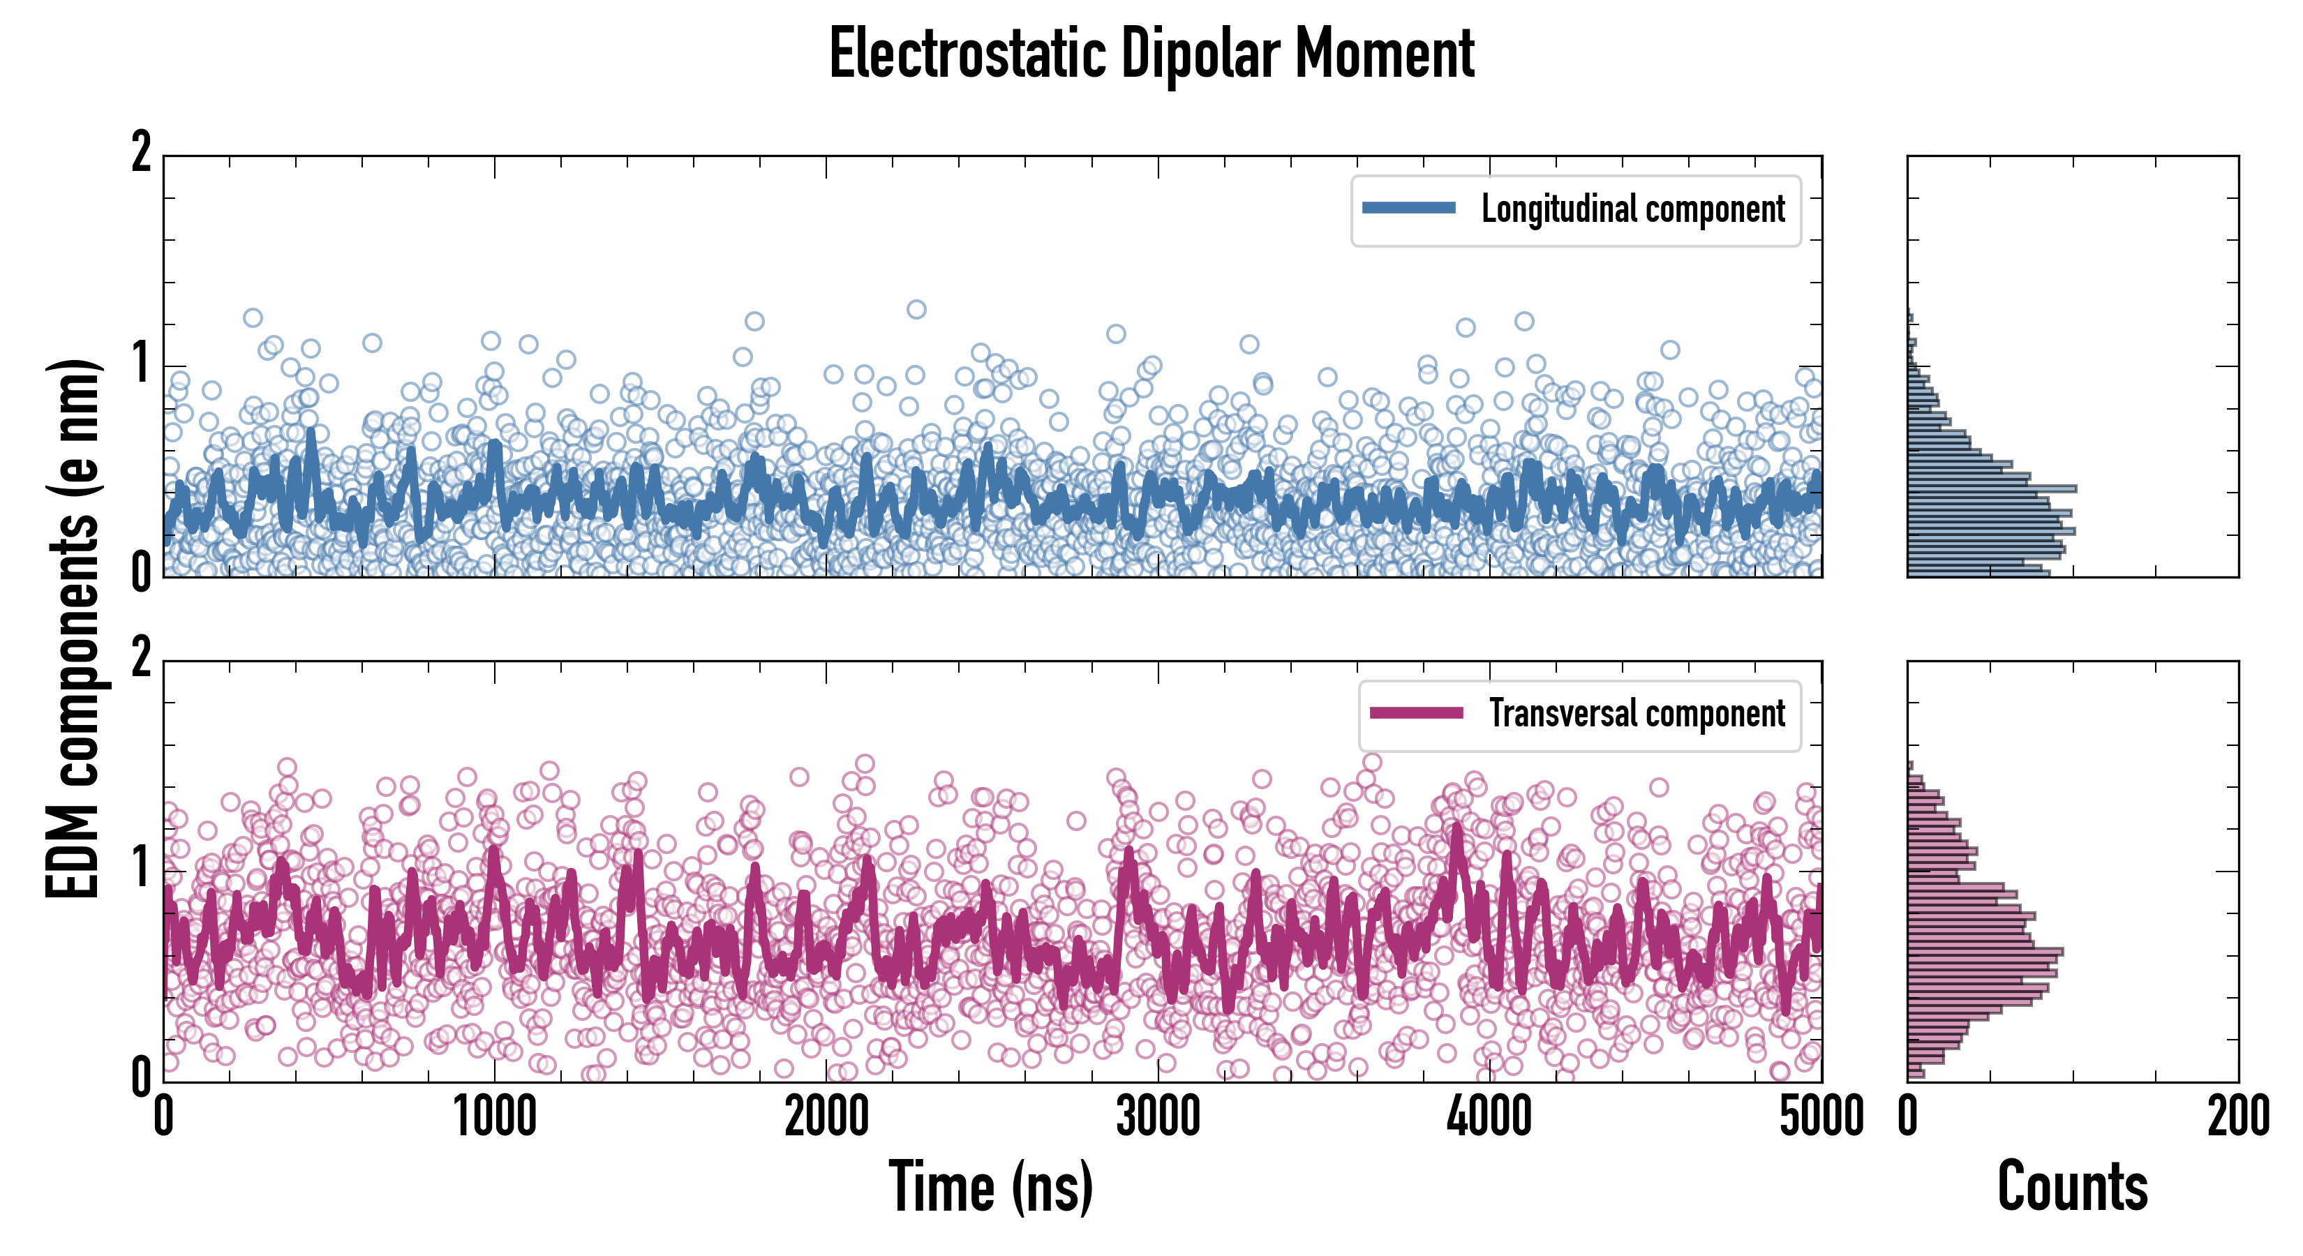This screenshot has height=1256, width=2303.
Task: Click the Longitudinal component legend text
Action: (1632, 209)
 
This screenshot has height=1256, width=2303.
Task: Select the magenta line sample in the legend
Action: (1416, 713)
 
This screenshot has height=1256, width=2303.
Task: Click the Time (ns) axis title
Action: (990, 1186)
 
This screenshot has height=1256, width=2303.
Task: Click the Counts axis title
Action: (2072, 1186)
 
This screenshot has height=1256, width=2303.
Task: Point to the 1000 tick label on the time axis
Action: (494, 1117)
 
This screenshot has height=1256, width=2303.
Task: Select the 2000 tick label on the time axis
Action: (826, 1117)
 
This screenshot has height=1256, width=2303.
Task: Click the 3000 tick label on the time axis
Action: (1158, 1117)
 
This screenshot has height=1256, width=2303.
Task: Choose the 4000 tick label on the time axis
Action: (1489, 1117)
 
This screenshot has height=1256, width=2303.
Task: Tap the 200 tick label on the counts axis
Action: (2237, 1117)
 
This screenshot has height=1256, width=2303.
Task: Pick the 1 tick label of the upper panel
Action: (141, 364)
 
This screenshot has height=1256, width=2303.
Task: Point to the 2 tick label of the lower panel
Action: (141, 659)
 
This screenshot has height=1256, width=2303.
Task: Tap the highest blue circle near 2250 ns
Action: (916, 309)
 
